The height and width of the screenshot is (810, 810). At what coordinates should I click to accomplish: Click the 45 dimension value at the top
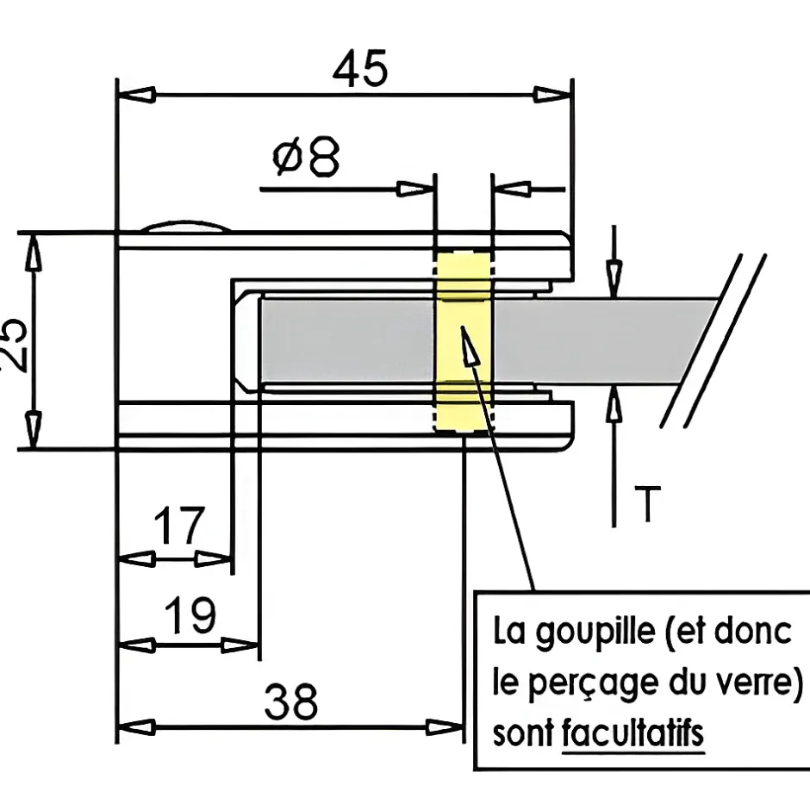[x=362, y=68]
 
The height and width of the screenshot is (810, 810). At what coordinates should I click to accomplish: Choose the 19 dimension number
[x=189, y=615]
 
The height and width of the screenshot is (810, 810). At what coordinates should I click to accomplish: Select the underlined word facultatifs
[x=632, y=735]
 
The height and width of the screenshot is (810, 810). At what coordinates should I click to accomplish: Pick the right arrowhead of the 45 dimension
[x=555, y=93]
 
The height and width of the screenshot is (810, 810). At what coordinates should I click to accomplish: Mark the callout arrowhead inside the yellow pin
[x=466, y=345]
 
